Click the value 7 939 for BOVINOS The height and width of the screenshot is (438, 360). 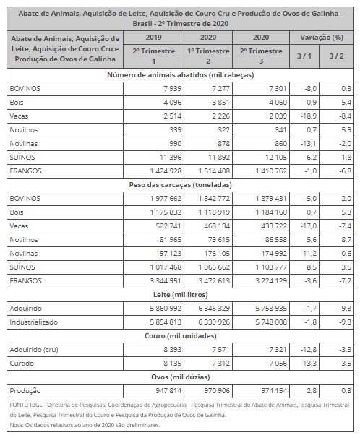[172, 89]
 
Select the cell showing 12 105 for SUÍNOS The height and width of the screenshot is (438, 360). [276, 158]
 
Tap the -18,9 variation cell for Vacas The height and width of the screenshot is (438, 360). [309, 116]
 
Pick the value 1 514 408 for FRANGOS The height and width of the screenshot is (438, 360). [214, 171]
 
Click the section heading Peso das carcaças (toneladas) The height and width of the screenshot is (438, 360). [181, 185]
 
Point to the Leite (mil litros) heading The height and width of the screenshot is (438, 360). [181, 295]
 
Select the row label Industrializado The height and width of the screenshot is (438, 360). [33, 322]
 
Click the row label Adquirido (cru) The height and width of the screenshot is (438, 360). [34, 350]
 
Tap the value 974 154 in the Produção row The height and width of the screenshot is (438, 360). [274, 391]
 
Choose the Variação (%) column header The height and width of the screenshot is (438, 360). [322, 38]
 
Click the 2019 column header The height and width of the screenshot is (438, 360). [153, 38]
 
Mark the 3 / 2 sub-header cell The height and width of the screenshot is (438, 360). [336, 56]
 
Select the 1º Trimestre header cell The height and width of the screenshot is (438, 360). [208, 51]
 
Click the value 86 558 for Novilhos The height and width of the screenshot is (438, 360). [276, 240]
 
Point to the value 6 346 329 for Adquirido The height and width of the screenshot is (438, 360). [214, 309]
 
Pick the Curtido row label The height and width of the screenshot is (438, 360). [22, 364]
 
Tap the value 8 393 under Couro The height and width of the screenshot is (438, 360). [172, 350]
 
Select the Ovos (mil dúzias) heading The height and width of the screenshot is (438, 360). [181, 377]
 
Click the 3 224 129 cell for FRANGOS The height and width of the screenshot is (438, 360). [271, 281]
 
